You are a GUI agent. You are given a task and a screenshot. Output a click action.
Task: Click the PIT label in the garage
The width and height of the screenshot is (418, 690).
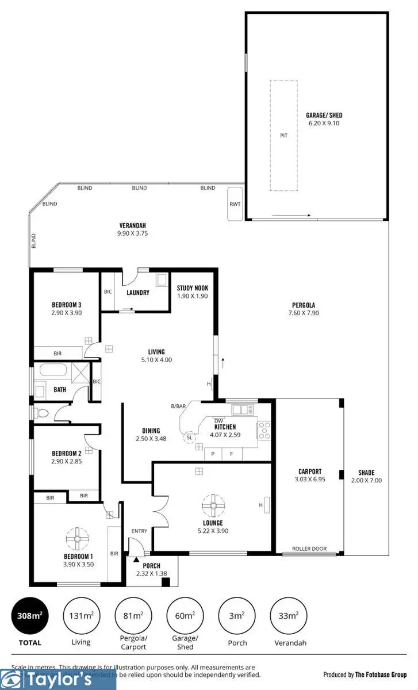point(283,136)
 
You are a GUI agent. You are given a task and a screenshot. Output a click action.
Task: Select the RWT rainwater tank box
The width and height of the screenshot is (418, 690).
point(235,204)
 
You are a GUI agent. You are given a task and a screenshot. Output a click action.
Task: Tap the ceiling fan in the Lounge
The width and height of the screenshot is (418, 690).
point(213,506)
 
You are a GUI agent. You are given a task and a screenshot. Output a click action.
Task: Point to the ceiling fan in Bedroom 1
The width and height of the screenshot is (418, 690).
point(76,539)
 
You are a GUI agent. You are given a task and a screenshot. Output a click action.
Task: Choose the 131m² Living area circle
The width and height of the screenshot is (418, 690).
point(81,615)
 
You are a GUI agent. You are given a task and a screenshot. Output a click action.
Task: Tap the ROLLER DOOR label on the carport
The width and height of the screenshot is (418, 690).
point(309,549)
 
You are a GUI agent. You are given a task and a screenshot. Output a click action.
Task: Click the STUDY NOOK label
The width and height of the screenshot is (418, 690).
point(193,289)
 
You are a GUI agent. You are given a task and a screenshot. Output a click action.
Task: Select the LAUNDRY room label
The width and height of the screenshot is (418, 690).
point(137,293)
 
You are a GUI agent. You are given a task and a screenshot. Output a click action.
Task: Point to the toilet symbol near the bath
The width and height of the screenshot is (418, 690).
point(40,412)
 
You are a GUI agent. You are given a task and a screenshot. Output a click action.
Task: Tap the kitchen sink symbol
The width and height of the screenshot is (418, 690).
point(242,410)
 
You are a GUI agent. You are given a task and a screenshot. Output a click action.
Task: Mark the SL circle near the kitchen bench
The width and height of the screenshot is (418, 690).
point(189,438)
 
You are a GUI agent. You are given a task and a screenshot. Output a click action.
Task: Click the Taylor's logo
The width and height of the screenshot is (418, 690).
point(58,680)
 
